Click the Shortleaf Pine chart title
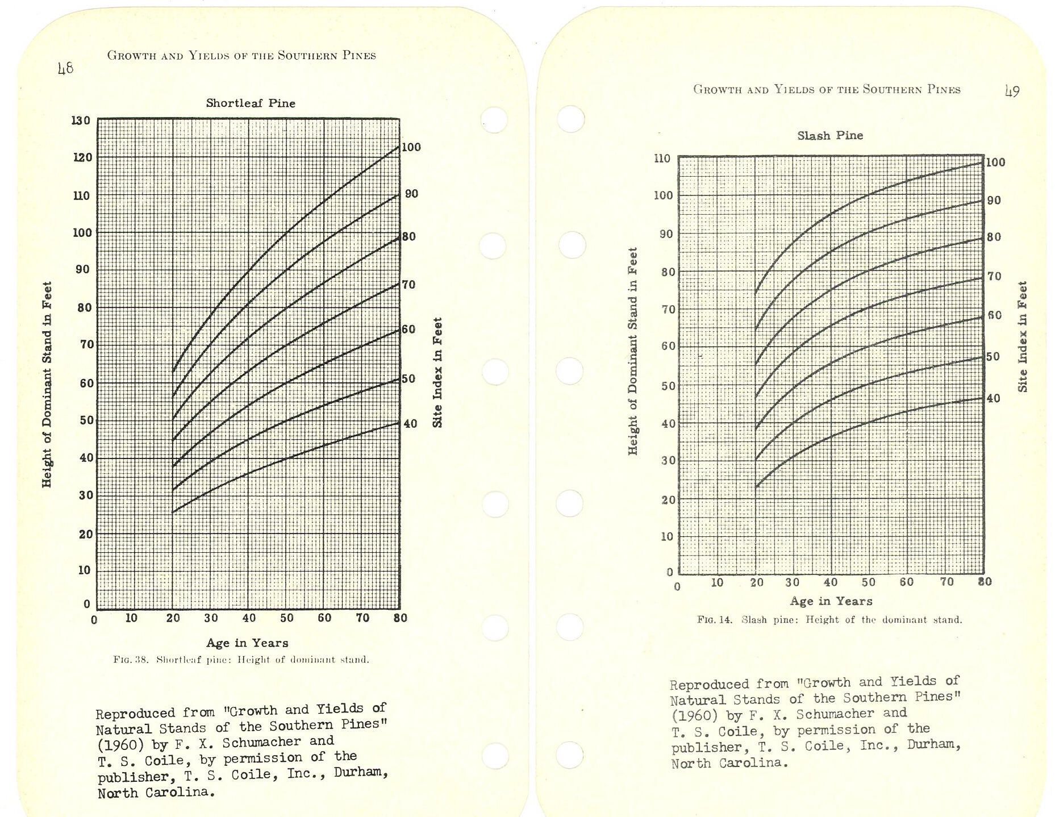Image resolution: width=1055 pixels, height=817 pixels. [x=251, y=103]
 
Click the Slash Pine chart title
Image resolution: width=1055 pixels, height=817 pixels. [x=830, y=136]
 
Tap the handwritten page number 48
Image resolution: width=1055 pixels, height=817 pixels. [x=66, y=69]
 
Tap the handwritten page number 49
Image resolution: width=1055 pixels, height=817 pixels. [x=1012, y=91]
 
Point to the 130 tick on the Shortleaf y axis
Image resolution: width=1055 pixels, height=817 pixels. [x=81, y=120]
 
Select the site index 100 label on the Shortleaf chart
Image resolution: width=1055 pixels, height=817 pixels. [x=411, y=148]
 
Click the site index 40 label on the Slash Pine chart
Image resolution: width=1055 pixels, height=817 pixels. [x=993, y=399]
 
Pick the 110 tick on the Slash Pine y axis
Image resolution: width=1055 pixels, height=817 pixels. [x=662, y=159]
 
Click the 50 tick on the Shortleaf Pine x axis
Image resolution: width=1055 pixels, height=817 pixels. [x=286, y=618]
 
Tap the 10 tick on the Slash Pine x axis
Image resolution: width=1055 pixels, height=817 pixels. [x=717, y=582]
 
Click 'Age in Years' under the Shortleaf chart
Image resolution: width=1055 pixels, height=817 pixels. [x=247, y=643]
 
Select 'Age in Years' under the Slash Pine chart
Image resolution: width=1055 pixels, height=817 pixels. [x=831, y=601]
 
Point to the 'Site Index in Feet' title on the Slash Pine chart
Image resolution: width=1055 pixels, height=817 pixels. [x=1023, y=336]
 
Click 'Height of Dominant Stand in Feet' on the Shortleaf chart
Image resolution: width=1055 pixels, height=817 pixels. [x=47, y=384]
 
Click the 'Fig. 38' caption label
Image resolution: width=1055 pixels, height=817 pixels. [x=131, y=660]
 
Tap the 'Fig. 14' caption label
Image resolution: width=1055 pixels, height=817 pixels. [x=715, y=620]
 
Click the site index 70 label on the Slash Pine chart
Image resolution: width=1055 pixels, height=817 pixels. [x=994, y=277]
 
